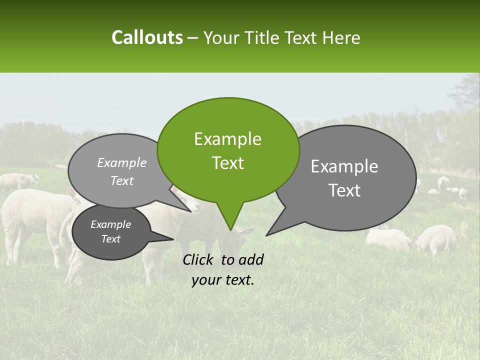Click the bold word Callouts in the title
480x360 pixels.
[147, 37]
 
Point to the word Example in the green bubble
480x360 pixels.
[227, 139]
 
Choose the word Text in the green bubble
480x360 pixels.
[227, 163]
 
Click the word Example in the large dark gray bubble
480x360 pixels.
[344, 166]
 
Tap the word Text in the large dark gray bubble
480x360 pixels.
[344, 190]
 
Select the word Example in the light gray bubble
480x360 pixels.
[121, 163]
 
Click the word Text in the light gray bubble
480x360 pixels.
[121, 180]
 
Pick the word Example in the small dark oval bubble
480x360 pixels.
[110, 224]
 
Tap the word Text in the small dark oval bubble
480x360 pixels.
[110, 239]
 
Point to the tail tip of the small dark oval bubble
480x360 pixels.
[173, 239]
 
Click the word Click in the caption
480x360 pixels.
[199, 259]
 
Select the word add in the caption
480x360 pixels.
[251, 259]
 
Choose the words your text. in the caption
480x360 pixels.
[223, 280]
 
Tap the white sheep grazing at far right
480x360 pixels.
[436, 239]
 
